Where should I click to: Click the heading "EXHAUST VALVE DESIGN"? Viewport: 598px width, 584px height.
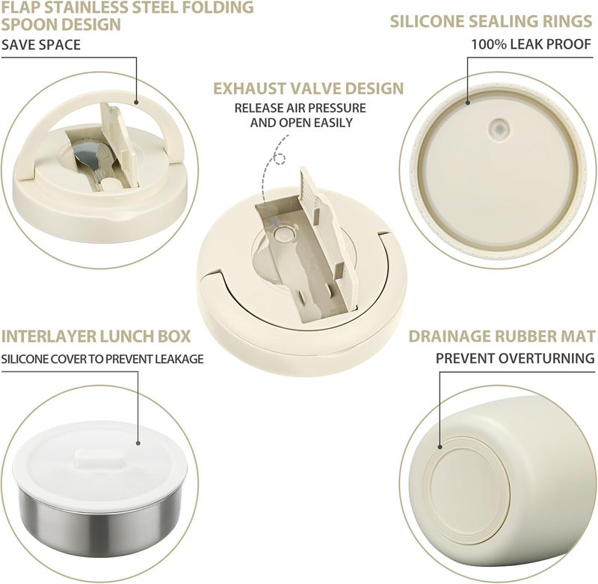pyautogui.click(x=308, y=88)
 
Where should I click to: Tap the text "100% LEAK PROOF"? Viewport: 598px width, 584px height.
pyautogui.click(x=531, y=44)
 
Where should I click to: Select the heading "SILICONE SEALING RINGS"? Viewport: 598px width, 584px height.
pyautogui.click(x=491, y=22)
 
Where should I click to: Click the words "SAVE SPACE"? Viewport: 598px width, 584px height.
pyautogui.click(x=41, y=45)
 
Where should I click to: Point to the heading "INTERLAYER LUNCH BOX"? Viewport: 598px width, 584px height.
pyautogui.click(x=96, y=336)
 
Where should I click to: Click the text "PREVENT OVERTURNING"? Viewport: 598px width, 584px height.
pyautogui.click(x=515, y=358)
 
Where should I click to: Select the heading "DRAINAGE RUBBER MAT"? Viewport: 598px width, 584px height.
pyautogui.click(x=502, y=336)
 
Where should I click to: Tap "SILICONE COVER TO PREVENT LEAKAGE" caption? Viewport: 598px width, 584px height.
pyautogui.click(x=102, y=359)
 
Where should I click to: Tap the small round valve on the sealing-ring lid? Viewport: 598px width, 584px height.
pyautogui.click(x=498, y=128)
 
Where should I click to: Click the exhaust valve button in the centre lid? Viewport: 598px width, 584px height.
pyautogui.click(x=283, y=234)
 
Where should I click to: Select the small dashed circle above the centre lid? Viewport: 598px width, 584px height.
pyautogui.click(x=280, y=159)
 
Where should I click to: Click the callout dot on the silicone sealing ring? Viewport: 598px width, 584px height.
pyautogui.click(x=468, y=102)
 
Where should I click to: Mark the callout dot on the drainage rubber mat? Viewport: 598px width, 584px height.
pyautogui.click(x=440, y=446)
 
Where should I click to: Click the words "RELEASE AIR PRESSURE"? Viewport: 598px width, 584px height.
pyautogui.click(x=300, y=108)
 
